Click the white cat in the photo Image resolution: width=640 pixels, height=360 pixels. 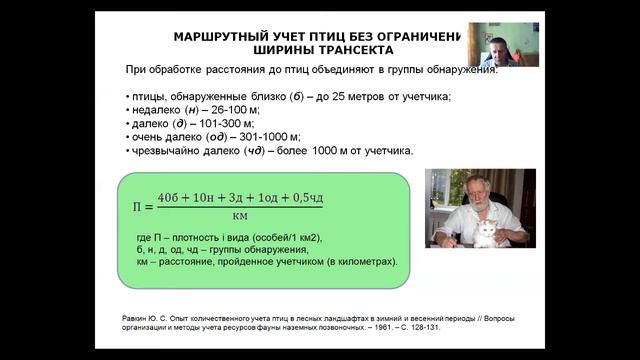[x=486, y=232]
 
